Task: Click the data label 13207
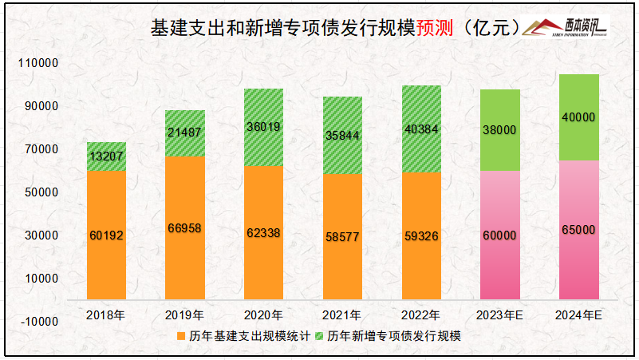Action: (106, 156)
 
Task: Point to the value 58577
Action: (342, 236)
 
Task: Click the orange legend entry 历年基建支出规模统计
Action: (239, 336)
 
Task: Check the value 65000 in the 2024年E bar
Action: (578, 230)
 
